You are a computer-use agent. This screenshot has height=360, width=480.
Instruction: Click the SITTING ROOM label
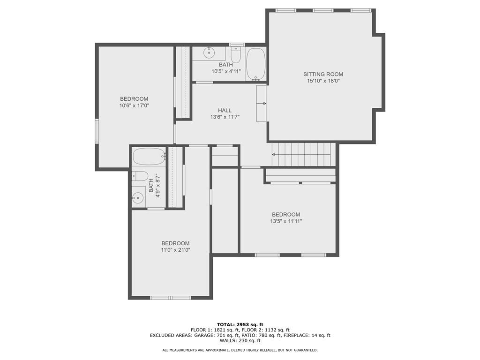click(323, 74)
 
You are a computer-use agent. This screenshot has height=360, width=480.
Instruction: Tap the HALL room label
click(225, 110)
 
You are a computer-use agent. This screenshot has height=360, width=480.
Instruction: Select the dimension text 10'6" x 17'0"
click(134, 105)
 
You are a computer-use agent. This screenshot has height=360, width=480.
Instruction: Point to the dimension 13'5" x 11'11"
click(286, 221)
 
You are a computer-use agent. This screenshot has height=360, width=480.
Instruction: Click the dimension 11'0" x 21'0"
click(175, 250)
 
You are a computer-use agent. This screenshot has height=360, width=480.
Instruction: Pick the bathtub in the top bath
click(255, 63)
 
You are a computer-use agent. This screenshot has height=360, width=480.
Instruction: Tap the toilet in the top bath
click(236, 54)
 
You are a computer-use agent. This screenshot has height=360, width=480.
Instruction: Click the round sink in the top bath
click(209, 53)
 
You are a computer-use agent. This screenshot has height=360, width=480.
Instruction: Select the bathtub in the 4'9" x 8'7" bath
click(149, 156)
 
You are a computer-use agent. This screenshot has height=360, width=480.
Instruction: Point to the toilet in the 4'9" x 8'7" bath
click(140, 176)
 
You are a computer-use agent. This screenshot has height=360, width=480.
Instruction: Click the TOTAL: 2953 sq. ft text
click(240, 324)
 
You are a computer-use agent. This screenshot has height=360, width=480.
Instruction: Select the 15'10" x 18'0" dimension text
click(323, 81)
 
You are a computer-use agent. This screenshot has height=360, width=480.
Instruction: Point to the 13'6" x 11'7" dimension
click(225, 117)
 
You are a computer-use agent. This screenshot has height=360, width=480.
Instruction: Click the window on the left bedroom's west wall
click(97, 130)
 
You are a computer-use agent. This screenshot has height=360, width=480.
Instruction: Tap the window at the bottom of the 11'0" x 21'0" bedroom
click(171, 298)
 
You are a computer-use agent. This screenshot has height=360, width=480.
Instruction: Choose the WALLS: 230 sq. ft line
click(240, 341)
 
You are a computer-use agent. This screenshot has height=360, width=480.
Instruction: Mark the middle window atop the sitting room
click(323, 10)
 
